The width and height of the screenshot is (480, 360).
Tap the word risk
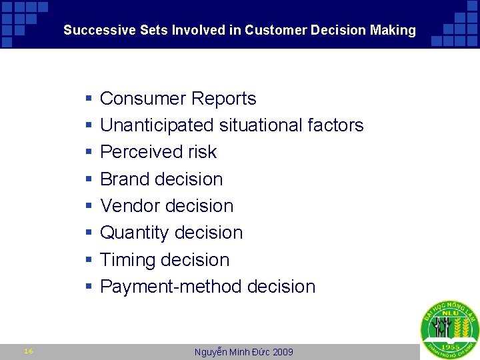[x=202, y=152]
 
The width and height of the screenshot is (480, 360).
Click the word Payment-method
[x=171, y=287]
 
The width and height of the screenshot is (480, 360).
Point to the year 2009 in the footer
[x=283, y=352]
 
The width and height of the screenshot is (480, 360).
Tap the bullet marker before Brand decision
[x=89, y=180]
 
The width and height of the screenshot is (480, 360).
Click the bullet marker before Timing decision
[x=89, y=261]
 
